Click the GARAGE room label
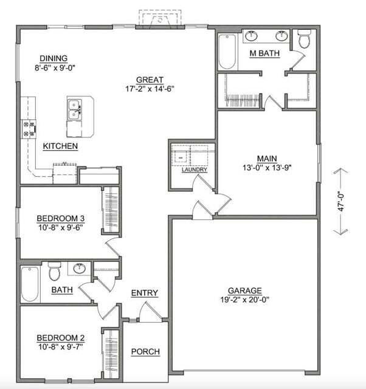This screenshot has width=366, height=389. tap(245, 291)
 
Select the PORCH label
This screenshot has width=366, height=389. tap(146, 351)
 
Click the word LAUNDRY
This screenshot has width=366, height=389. tap(195, 170)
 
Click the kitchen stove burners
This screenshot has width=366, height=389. tap(29, 128)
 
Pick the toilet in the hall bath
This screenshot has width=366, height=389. tap(54, 269)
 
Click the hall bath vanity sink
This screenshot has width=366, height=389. tap(80, 267)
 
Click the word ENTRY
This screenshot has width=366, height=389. tap(145, 294)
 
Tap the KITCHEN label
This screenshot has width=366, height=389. tap(60, 146)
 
